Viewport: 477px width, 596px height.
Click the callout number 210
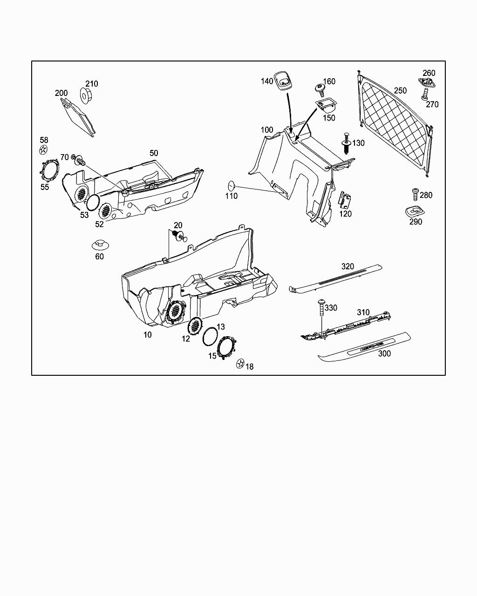pyautogui.click(x=92, y=84)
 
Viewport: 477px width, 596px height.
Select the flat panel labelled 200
pyautogui.click(x=78, y=117)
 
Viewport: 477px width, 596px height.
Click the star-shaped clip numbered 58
pyautogui.click(x=43, y=149)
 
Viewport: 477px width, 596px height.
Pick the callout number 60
pyautogui.click(x=99, y=257)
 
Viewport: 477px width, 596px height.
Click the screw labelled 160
pyautogui.click(x=320, y=88)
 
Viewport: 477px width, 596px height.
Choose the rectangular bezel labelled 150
pyautogui.click(x=325, y=104)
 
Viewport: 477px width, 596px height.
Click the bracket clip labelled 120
pyautogui.click(x=345, y=200)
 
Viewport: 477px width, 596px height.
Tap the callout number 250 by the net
pyautogui.click(x=400, y=91)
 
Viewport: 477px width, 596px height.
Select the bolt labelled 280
pyautogui.click(x=414, y=194)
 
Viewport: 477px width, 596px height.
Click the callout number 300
pyautogui.click(x=384, y=353)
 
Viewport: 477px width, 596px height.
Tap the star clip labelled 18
pyautogui.click(x=240, y=363)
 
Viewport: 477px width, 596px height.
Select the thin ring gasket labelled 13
pyautogui.click(x=210, y=336)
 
